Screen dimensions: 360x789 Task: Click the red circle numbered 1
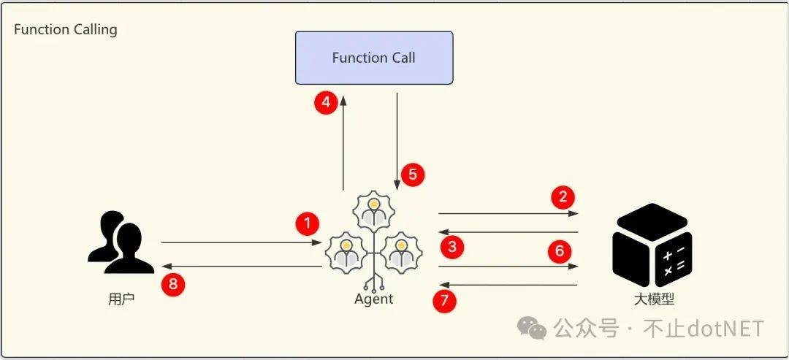click(x=308, y=223)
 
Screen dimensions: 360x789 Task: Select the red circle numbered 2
click(x=563, y=196)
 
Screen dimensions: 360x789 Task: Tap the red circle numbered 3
click(x=452, y=247)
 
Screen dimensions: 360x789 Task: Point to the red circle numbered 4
click(x=327, y=102)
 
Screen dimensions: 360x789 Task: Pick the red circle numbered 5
click(x=413, y=175)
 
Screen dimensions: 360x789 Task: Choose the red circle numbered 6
click(x=560, y=252)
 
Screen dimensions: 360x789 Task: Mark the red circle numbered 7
click(x=444, y=300)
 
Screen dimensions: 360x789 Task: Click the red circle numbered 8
click(x=173, y=284)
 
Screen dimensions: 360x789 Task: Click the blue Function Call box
click(x=373, y=58)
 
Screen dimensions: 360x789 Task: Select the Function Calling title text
click(x=66, y=30)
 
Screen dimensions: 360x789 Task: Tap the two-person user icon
click(x=121, y=242)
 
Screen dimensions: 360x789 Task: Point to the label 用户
click(x=121, y=299)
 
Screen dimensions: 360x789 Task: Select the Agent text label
click(x=373, y=299)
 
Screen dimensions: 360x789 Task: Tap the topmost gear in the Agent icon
click(x=373, y=209)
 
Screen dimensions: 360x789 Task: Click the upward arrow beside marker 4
click(x=343, y=142)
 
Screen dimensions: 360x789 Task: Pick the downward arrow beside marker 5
click(x=397, y=139)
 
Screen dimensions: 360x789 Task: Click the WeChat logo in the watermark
click(x=532, y=329)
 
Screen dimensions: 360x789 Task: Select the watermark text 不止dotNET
click(x=703, y=329)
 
